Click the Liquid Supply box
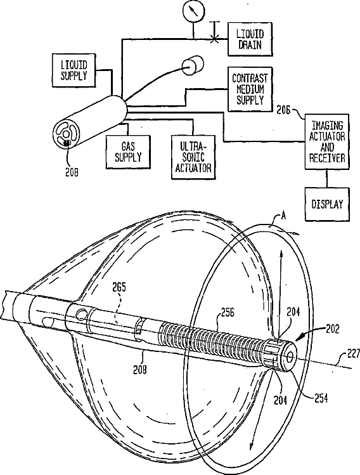coord(74,70)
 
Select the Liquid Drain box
coord(250,39)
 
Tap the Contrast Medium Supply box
coord(250,89)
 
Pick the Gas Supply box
coord(128,152)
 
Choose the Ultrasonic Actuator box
coord(193,157)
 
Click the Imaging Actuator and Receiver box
coord(327,141)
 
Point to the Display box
coord(327,204)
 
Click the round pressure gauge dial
coord(192,11)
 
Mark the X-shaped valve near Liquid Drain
coord(214,39)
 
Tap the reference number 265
coord(119,287)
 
